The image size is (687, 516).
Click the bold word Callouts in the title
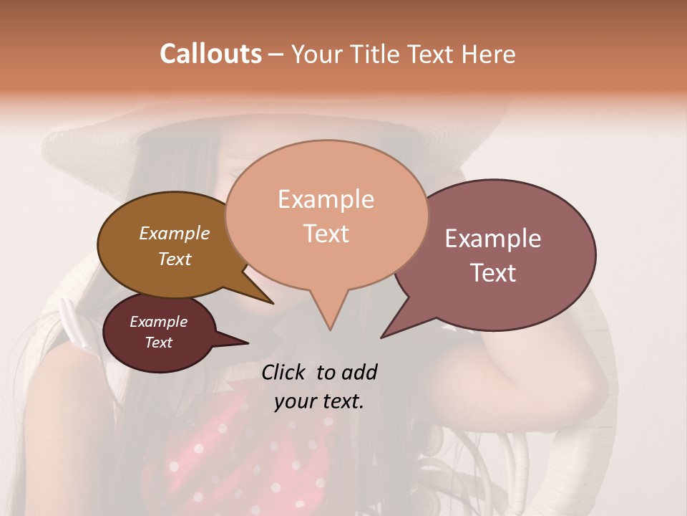(x=210, y=54)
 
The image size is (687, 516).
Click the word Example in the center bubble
(x=326, y=199)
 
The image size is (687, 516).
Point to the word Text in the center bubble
(x=326, y=234)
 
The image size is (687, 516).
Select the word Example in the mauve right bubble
(x=493, y=239)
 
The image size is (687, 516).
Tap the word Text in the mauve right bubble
(x=493, y=273)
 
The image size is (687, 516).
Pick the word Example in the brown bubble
(x=174, y=234)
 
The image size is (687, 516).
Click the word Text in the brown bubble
(x=174, y=259)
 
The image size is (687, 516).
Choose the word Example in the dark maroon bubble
(x=158, y=322)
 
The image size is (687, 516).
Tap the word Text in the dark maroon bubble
(x=158, y=343)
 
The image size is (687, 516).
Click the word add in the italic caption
(x=358, y=372)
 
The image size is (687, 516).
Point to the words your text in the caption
(x=318, y=401)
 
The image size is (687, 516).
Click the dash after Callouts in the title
(x=276, y=54)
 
